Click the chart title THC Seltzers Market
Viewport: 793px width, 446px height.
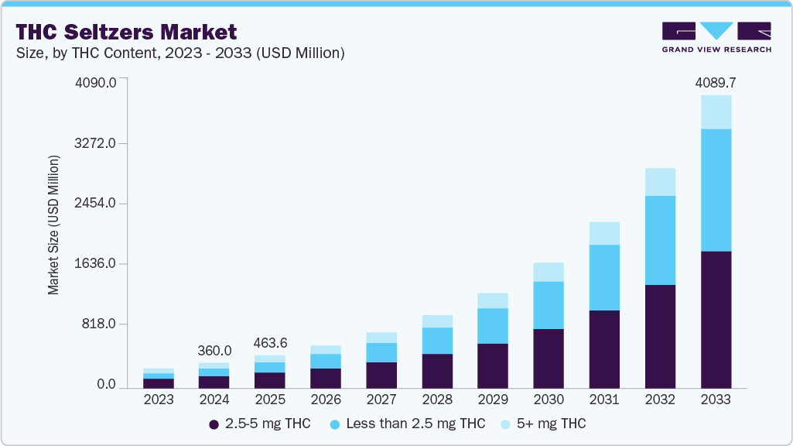click(x=126, y=32)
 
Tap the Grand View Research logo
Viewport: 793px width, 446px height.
click(x=716, y=37)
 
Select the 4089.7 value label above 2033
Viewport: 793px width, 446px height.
click(x=715, y=82)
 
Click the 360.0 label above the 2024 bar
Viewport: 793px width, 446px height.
click(x=214, y=350)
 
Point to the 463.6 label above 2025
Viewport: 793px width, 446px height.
click(x=270, y=342)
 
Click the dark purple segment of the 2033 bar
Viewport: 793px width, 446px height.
click(x=716, y=319)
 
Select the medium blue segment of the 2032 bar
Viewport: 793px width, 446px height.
click(x=660, y=240)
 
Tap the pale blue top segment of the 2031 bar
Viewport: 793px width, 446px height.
click(x=604, y=233)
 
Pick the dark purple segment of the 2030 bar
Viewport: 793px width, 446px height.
click(x=549, y=359)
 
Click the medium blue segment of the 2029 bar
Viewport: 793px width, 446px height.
click(x=493, y=326)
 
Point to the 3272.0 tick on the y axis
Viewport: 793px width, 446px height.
click(x=96, y=143)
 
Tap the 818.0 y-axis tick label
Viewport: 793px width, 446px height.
click(x=100, y=324)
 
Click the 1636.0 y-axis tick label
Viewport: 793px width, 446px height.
click(x=96, y=264)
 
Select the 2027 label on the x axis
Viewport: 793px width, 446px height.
click(x=381, y=400)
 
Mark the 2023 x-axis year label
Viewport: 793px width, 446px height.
click(x=159, y=400)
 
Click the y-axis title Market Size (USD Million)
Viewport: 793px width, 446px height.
click(x=53, y=225)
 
